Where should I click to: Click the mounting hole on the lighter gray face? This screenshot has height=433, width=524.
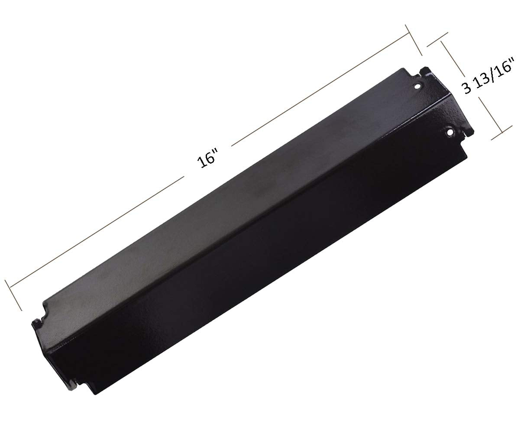pyautogui.click(x=417, y=86)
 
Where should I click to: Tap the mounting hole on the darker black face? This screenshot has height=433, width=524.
pyautogui.click(x=450, y=131)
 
